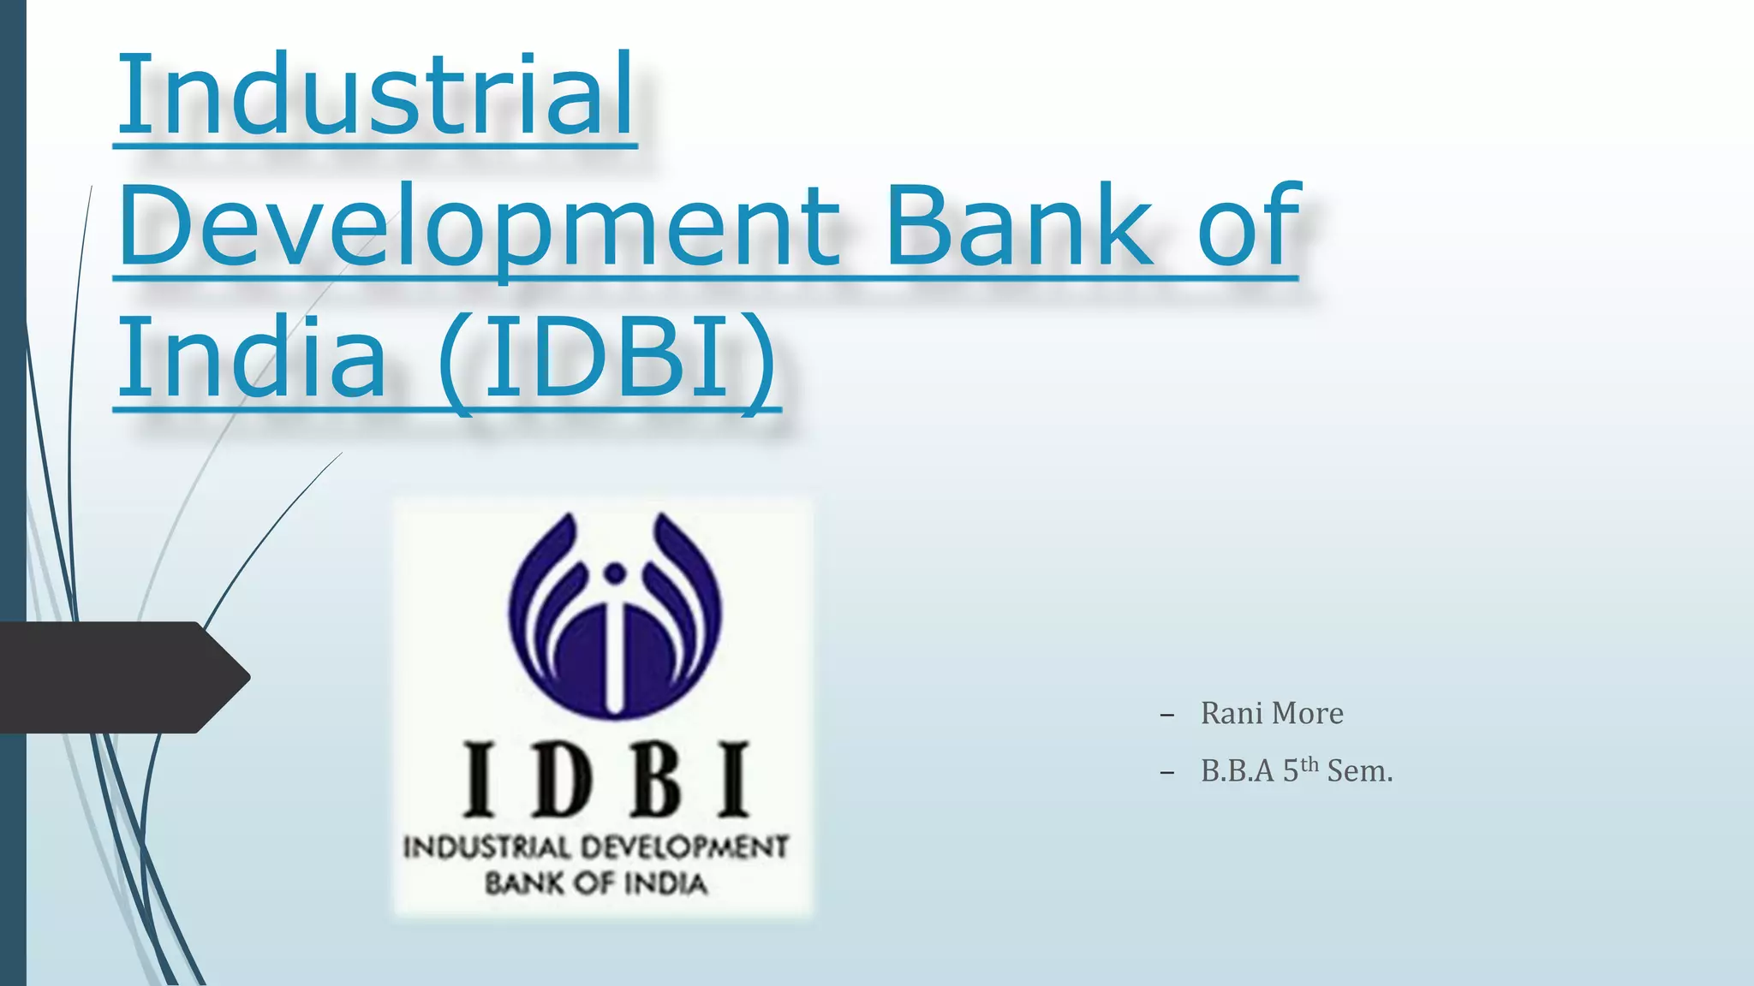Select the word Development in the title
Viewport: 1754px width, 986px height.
pyautogui.click(x=480, y=226)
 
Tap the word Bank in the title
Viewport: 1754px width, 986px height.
pyautogui.click(x=1019, y=226)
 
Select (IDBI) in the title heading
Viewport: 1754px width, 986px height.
pyautogui.click(x=607, y=358)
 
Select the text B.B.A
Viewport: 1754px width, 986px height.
pyautogui.click(x=1238, y=771)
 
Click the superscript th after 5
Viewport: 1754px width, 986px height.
pyautogui.click(x=1309, y=764)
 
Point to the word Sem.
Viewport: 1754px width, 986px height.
pyautogui.click(x=1359, y=771)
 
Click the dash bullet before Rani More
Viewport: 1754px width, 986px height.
pyautogui.click(x=1166, y=715)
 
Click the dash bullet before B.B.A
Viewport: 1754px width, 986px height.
pyautogui.click(x=1166, y=773)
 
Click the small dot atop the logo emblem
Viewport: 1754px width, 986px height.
pyautogui.click(x=614, y=573)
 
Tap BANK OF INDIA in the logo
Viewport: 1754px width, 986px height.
pyautogui.click(x=596, y=884)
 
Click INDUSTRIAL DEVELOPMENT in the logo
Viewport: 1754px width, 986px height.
pyautogui.click(x=596, y=847)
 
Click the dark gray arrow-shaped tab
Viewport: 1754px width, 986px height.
pyautogui.click(x=120, y=677)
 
